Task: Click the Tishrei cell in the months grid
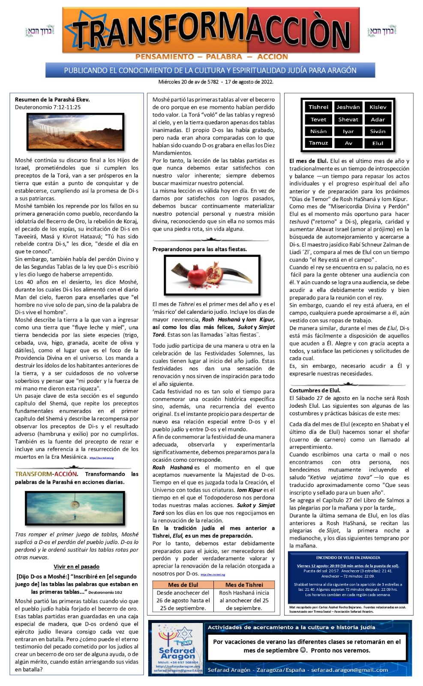point(318,107)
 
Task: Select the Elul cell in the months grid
point(378,143)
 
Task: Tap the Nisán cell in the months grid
point(318,131)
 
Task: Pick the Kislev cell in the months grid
point(378,107)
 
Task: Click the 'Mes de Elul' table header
point(183,585)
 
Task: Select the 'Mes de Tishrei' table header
point(244,585)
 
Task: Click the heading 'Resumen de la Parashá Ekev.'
point(52,99)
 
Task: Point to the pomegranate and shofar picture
point(213,276)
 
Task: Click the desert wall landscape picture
point(75,131)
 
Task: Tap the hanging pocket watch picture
point(75,508)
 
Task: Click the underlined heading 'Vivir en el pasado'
point(76,566)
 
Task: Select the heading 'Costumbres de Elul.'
point(315,390)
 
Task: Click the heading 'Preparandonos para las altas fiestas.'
point(200,249)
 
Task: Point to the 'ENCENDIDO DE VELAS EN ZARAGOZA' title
point(348,557)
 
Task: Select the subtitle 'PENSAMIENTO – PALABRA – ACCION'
point(211,57)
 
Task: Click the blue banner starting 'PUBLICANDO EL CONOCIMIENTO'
point(210,70)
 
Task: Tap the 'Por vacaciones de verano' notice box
point(307,646)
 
